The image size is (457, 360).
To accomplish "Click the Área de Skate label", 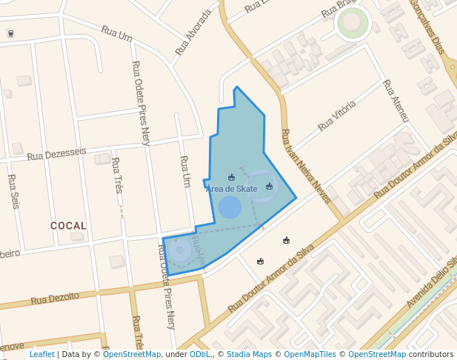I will pos(232,189).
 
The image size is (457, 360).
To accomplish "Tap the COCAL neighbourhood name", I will pos(68,225).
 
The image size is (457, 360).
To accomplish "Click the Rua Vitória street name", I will pos(336,116).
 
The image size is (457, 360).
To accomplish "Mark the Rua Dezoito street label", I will pos(55,298).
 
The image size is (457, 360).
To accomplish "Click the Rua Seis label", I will pos(13,191).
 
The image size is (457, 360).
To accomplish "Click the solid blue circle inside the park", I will pos(230,207).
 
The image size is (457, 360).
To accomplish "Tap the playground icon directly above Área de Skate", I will pos(231,177).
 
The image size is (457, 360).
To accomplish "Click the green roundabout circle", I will pos(353,24).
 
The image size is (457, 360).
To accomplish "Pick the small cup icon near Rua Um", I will pos(10,33).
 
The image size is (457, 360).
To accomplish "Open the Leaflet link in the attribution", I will pos(41,355).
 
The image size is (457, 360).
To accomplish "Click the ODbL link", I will pos(200,355).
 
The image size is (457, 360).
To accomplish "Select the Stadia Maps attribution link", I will pos(249,355).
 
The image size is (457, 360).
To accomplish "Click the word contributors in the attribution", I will pos(430,355).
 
